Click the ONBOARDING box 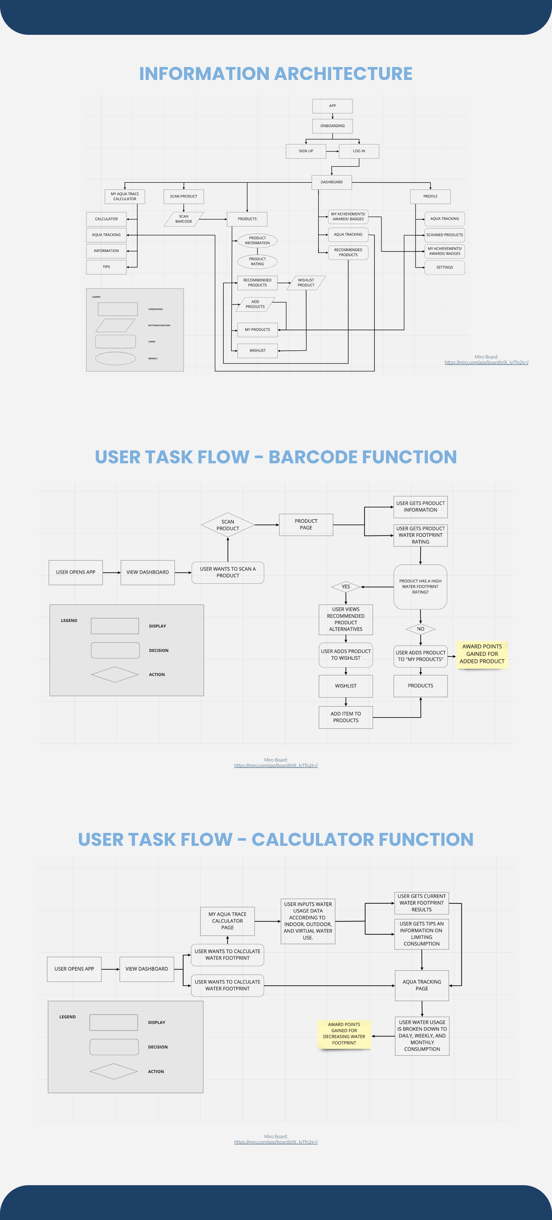[332, 126]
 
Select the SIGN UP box [306, 151]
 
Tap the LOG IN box [359, 151]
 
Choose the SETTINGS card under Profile [444, 267]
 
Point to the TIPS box [106, 267]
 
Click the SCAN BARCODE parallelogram [184, 219]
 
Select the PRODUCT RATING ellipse [257, 261]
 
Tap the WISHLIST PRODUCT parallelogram [306, 283]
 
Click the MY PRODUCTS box [257, 330]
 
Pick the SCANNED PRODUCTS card [444, 235]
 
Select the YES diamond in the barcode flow [346, 587]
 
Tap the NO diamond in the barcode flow [420, 629]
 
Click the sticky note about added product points [482, 654]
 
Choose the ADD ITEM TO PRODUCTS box [346, 717]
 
